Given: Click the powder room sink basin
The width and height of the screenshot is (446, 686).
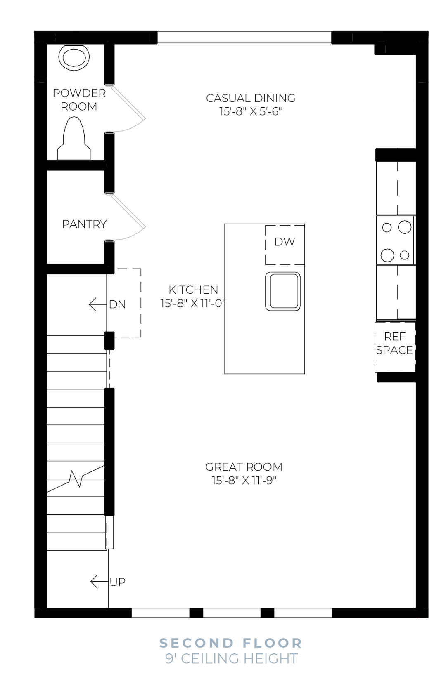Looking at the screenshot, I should [74, 57].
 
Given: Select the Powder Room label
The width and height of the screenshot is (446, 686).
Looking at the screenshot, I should [79, 99].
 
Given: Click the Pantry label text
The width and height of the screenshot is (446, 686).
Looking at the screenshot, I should [84, 224].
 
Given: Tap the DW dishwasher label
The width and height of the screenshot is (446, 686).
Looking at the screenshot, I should [285, 242].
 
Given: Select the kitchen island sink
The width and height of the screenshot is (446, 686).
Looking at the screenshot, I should [283, 291].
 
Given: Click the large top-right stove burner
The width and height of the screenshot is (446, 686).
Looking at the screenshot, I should [404, 227].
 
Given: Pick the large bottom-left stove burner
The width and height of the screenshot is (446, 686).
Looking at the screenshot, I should [387, 255].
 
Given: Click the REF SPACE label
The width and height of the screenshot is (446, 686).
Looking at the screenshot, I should [394, 343].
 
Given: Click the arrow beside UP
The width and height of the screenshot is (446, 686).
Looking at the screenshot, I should [99, 582].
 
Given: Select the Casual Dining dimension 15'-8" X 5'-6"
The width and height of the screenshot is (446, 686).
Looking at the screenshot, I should [250, 111].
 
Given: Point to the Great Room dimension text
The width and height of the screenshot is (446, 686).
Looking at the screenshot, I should [244, 480].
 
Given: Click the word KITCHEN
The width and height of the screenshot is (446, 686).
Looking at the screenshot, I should [193, 290].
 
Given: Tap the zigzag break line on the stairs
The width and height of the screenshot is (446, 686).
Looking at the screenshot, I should [76, 479].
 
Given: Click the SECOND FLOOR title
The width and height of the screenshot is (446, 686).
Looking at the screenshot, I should [231, 643].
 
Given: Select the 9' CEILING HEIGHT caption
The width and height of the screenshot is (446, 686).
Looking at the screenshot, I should [231, 659].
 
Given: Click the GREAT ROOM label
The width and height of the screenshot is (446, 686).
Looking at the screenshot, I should [244, 467].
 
